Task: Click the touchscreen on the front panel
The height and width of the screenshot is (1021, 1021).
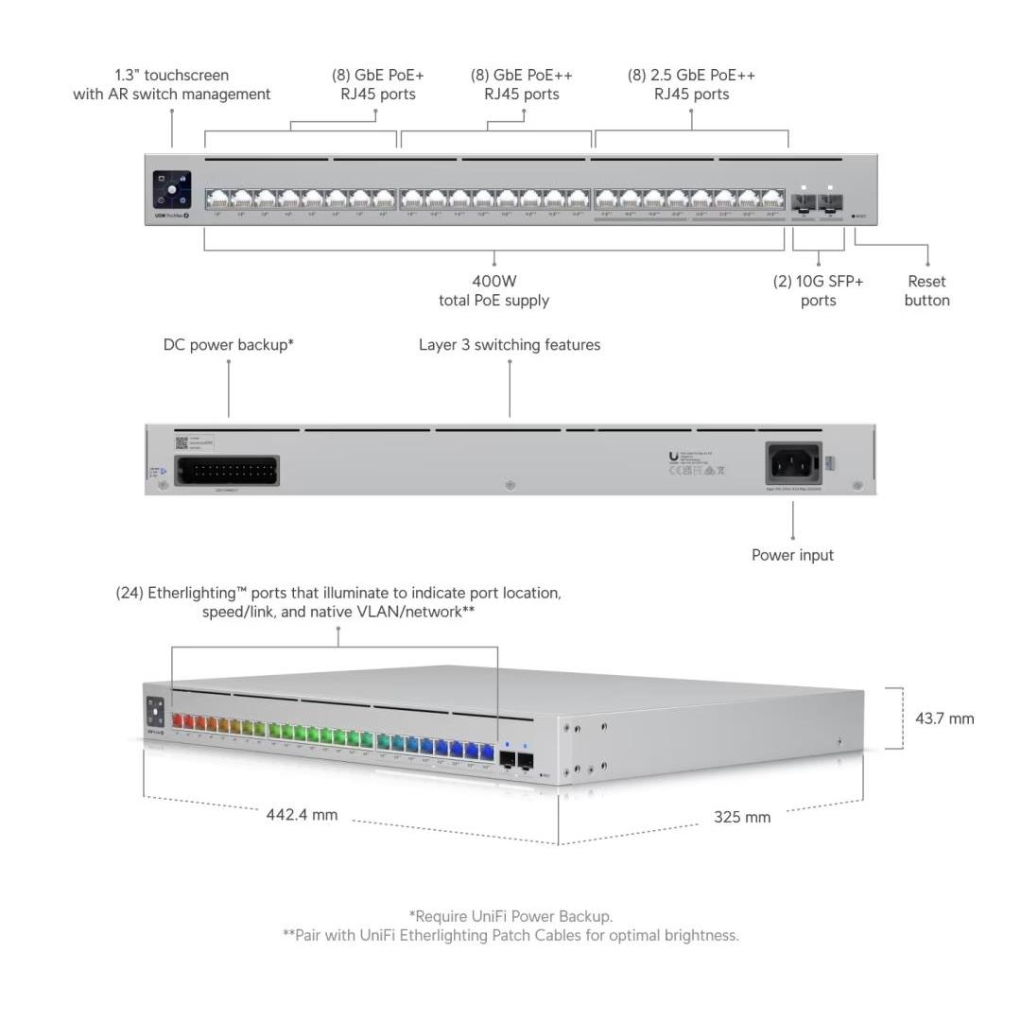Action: point(172,188)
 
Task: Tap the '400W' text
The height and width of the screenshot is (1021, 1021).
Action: point(493,281)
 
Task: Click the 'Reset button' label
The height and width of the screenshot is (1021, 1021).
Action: point(926,290)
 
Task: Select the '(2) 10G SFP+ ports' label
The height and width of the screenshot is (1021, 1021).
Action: point(818,290)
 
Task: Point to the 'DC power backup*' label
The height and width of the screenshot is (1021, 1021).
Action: point(229,345)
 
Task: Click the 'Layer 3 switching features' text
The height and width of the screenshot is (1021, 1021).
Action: point(510,345)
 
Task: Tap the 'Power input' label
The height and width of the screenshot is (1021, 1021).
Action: point(792,555)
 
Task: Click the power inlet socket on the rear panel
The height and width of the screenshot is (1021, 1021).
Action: point(793,463)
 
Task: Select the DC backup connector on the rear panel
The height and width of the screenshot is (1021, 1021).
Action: point(227,470)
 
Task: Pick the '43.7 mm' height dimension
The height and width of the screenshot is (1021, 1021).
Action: point(943,718)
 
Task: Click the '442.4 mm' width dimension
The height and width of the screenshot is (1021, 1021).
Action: point(302,815)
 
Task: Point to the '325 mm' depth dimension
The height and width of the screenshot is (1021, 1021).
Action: point(742,817)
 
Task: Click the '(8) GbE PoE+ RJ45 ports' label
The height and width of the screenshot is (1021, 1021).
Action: point(377,84)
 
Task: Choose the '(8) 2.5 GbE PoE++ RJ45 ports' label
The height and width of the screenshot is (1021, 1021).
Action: point(691,84)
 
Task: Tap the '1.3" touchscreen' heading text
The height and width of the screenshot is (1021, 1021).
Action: point(171,75)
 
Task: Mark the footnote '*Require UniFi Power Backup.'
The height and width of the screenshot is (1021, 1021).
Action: point(510,915)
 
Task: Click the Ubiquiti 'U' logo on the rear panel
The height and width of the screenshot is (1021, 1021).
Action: point(673,456)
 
